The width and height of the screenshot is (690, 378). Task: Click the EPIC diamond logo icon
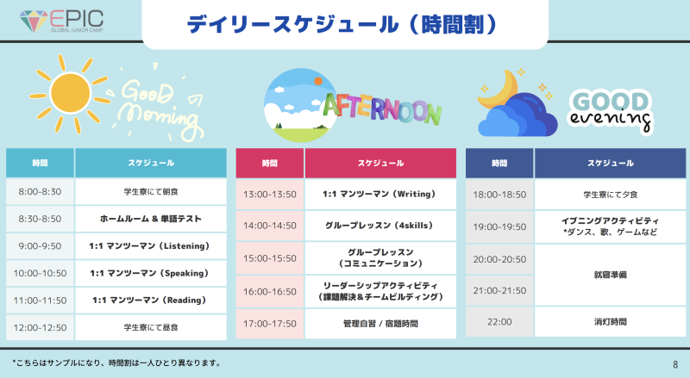pyautogui.click(x=34, y=22)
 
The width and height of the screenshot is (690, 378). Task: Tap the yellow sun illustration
pyautogui.click(x=71, y=94)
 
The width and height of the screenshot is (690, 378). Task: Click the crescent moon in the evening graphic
pyautogui.click(x=498, y=90)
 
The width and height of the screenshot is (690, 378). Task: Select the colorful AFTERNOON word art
pyautogui.click(x=382, y=109)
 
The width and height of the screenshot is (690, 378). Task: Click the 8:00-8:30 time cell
pyautogui.click(x=40, y=192)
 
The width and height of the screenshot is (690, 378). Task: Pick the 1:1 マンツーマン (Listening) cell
pyautogui.click(x=151, y=246)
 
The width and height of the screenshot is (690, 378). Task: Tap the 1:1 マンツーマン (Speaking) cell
pyautogui.click(x=151, y=274)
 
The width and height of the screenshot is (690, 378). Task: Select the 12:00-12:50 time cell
pyautogui.click(x=40, y=327)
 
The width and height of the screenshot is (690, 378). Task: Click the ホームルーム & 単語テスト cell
pyautogui.click(x=151, y=219)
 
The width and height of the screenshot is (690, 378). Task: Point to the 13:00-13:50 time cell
pyautogui.click(x=270, y=195)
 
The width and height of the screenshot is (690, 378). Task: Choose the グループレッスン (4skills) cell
pyautogui.click(x=380, y=226)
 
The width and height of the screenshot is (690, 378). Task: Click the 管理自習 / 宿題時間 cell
pyautogui.click(x=380, y=324)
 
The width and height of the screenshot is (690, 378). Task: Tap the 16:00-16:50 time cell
pyautogui.click(x=270, y=291)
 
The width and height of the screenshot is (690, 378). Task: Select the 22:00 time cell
pyautogui.click(x=499, y=322)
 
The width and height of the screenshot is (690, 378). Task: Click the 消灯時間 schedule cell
pyautogui.click(x=611, y=322)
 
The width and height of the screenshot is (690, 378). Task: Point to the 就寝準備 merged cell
pyautogui.click(x=611, y=276)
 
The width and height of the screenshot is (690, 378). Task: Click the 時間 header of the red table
pyautogui.click(x=270, y=163)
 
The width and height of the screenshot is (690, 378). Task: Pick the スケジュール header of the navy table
pyautogui.click(x=611, y=163)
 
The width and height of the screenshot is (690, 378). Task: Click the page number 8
pyautogui.click(x=675, y=364)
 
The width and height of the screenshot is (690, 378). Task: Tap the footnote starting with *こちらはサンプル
pyautogui.click(x=116, y=363)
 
